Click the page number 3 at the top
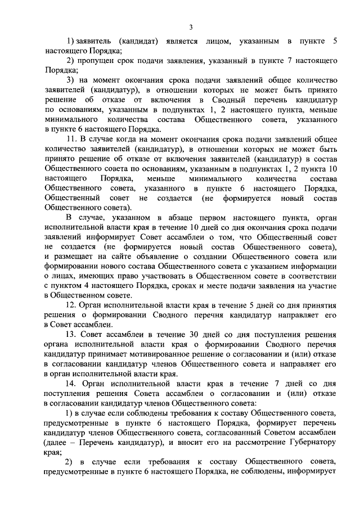191,27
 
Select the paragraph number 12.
71,306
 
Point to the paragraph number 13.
71,335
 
